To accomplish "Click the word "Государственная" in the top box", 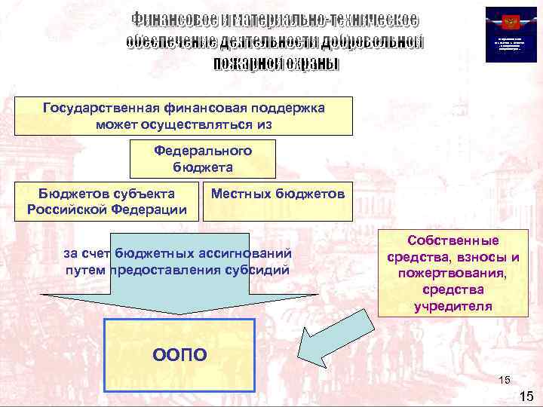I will click(92, 108).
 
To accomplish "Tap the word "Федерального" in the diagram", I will click(203, 151).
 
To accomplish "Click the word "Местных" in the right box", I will click(238, 194).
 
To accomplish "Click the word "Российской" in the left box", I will click(66, 209).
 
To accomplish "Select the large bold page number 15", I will click(526, 396).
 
